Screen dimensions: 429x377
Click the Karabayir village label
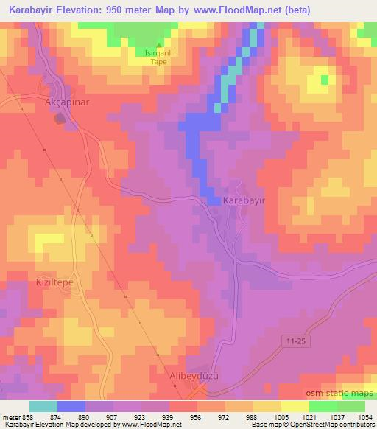[244, 200]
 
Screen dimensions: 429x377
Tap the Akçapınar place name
[68, 102]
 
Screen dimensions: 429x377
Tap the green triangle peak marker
[158, 46]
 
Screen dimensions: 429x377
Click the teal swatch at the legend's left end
[43, 405]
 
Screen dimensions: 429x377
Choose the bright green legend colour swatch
[323, 405]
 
